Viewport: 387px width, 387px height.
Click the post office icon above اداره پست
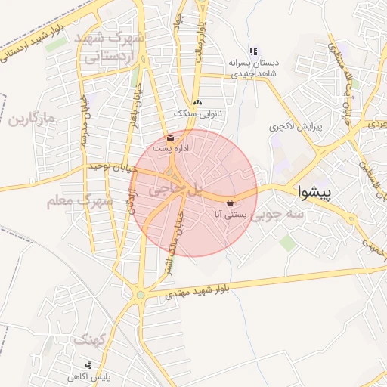(x=170, y=138)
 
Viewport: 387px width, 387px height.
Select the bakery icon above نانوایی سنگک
(x=198, y=102)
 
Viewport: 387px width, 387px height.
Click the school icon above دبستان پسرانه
(x=253, y=51)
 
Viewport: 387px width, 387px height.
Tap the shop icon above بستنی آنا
(x=230, y=203)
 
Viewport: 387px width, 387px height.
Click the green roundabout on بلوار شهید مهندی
(x=140, y=294)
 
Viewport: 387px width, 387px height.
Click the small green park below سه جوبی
(x=287, y=243)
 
